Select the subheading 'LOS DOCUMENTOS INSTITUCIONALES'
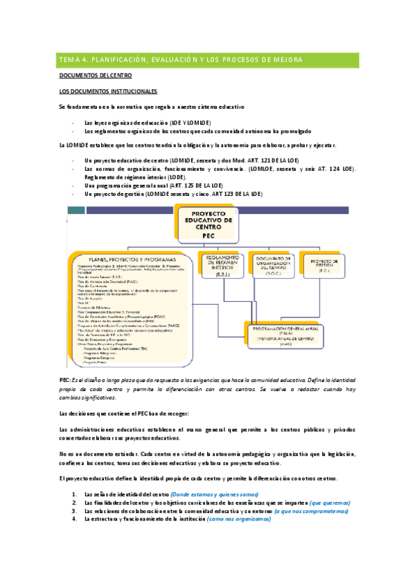coord(108,91)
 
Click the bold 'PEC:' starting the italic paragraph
coord(65,381)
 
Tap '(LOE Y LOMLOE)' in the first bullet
coord(200,122)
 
